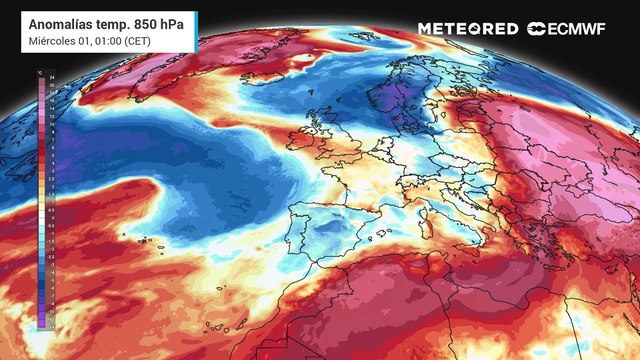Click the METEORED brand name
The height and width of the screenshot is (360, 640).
[x=468, y=29]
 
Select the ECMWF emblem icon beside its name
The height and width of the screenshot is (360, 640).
[x=536, y=29]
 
